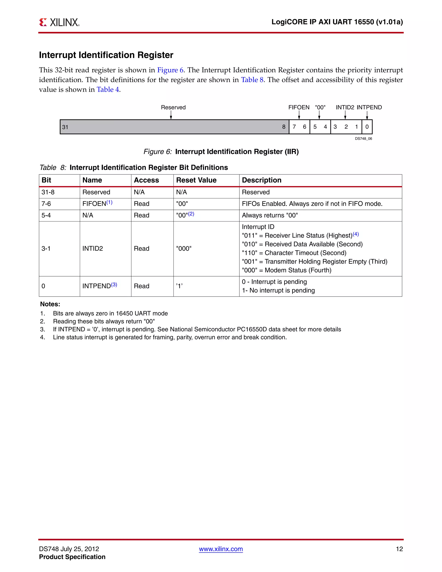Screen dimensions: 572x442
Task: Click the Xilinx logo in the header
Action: (x=59, y=22)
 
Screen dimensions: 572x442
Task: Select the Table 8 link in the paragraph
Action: (x=252, y=80)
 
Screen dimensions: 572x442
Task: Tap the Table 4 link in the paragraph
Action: (x=108, y=90)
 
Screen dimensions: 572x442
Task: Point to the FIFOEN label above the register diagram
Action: (x=299, y=107)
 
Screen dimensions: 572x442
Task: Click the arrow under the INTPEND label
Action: (x=367, y=115)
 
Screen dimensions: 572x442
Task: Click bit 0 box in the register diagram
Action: (x=367, y=127)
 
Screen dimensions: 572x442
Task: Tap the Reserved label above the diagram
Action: (x=173, y=107)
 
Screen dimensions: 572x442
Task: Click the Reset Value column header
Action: (x=196, y=180)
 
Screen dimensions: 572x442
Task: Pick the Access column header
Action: (x=146, y=180)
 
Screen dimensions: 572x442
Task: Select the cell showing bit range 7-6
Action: (x=46, y=204)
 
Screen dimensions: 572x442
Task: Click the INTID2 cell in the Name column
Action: (x=93, y=248)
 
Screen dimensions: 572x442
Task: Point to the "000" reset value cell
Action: (x=184, y=248)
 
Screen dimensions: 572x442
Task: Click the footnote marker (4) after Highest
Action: (x=356, y=234)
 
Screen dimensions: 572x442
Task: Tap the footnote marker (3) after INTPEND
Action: (x=114, y=285)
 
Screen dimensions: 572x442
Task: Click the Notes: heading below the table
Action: (x=50, y=304)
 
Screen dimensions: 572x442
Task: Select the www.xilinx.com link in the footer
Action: (x=221, y=549)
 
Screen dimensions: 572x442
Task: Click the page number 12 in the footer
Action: (x=399, y=549)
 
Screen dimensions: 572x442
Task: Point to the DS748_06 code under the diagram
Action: (x=363, y=139)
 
